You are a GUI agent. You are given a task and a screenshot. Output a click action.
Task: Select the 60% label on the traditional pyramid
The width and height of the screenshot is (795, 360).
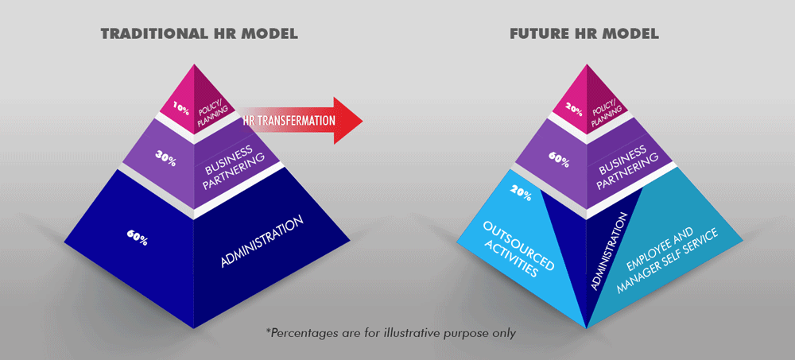137,238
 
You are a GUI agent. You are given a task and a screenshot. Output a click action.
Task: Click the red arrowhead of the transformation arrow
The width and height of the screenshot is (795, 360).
348,121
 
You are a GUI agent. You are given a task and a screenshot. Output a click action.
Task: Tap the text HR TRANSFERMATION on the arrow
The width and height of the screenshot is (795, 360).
289,121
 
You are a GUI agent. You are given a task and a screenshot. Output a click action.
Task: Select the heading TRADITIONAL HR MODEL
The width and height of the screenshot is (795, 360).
200,34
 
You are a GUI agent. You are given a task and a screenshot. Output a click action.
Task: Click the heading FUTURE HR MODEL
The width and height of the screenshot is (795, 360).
584,34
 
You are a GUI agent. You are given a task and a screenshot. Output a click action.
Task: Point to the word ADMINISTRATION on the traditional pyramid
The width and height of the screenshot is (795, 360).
262,242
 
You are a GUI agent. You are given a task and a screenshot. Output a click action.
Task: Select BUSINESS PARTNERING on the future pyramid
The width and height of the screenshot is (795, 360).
628,168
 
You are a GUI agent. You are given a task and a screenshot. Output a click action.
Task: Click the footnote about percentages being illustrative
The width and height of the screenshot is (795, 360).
391,333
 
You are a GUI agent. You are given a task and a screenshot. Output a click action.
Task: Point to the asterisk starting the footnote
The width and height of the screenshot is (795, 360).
268,331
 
